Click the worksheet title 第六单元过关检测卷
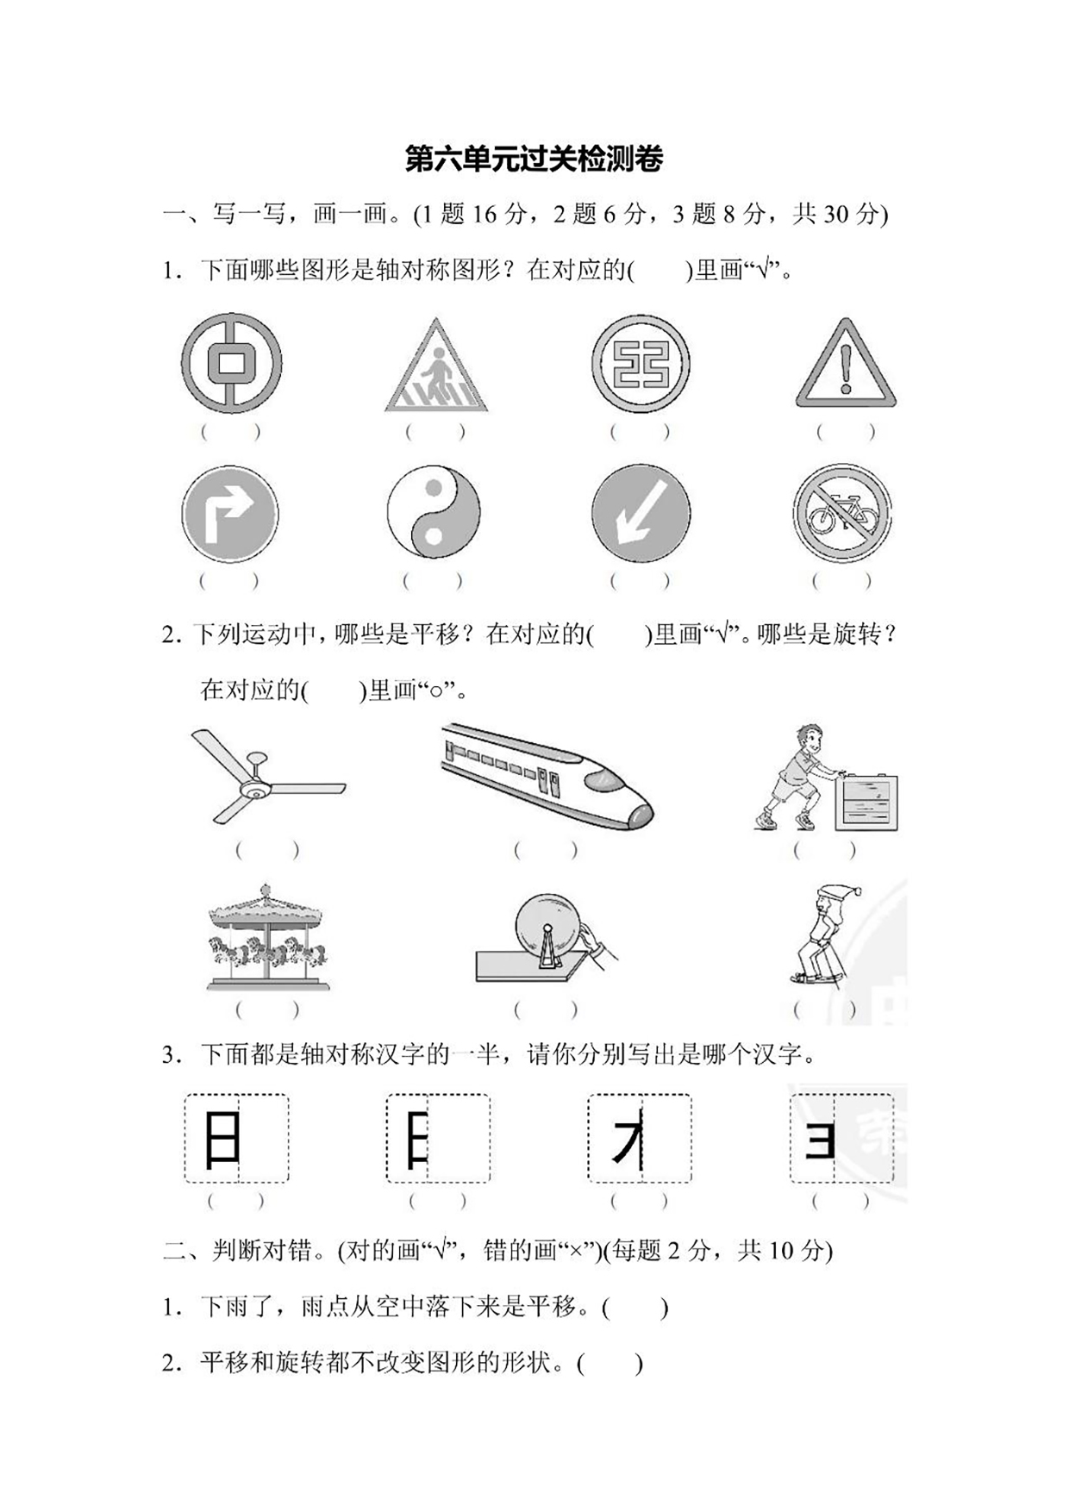pos(534,159)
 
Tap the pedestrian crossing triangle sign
pos(435,367)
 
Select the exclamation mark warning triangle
pos(846,366)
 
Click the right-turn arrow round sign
pos(229,515)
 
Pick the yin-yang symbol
pos(433,515)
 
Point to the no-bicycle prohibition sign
pos(842,514)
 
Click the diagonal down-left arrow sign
pos(641,514)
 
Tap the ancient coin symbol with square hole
pos(231,362)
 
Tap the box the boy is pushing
pos(866,802)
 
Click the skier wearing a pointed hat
pos(824,935)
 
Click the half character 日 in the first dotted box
pos(221,1139)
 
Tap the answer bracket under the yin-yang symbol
pos(433,581)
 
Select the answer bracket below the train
pos(545,850)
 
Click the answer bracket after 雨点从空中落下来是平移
pos(635,1308)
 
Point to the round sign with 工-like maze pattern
pos(641,363)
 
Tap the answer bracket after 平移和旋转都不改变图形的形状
pos(610,1364)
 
